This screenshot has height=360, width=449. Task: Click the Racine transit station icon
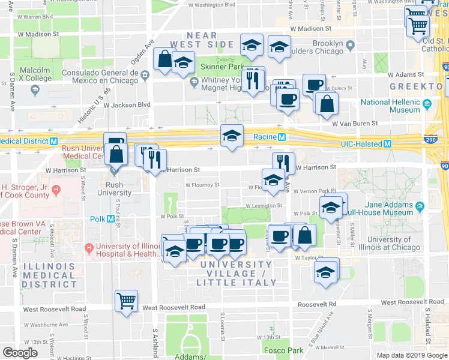point(280,137)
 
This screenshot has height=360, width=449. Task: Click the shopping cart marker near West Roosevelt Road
point(126,300)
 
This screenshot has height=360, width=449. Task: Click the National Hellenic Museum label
point(390,106)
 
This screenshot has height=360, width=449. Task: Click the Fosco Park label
point(283,350)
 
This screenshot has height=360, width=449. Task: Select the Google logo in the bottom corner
point(20,353)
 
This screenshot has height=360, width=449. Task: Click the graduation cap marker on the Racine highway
point(232,136)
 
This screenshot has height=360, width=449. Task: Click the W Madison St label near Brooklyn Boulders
point(310,28)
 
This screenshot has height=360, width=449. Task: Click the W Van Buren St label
point(355,124)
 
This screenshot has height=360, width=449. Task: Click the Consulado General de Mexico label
point(107,76)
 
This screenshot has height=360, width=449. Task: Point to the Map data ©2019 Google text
point(411,355)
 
